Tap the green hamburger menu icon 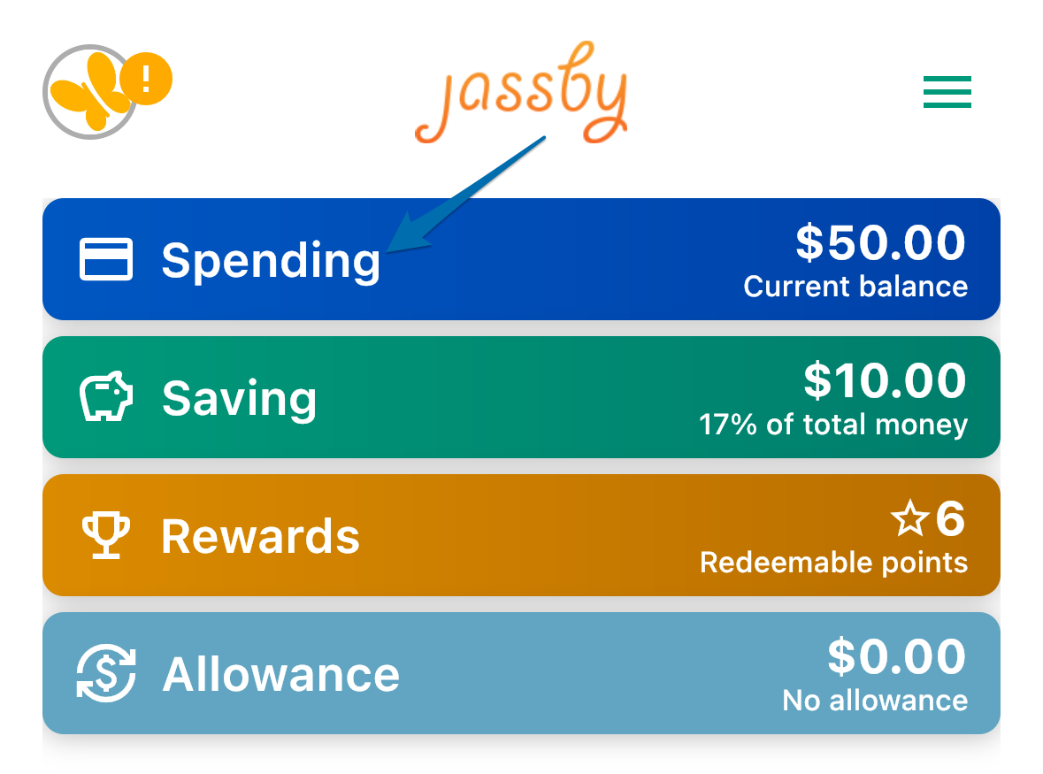pyautogui.click(x=947, y=92)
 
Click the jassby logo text pyautogui.click(x=522, y=93)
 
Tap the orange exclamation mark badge pyautogui.click(x=146, y=79)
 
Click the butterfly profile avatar pyautogui.click(x=90, y=92)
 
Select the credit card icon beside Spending pyautogui.click(x=106, y=259)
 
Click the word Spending pyautogui.click(x=271, y=261)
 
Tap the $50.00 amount pyautogui.click(x=881, y=242)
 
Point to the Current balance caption pyautogui.click(x=855, y=287)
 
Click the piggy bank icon pyautogui.click(x=106, y=396)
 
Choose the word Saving pyautogui.click(x=240, y=398)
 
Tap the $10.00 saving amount pyautogui.click(x=885, y=380)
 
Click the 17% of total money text pyautogui.click(x=833, y=425)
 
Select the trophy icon pyautogui.click(x=106, y=535)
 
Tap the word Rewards pyautogui.click(x=261, y=537)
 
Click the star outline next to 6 pyautogui.click(x=910, y=518)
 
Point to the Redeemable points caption pyautogui.click(x=834, y=563)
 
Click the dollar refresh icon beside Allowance pyautogui.click(x=106, y=673)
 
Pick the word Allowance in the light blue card pyautogui.click(x=280, y=674)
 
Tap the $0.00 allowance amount pyautogui.click(x=897, y=656)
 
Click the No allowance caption pyautogui.click(x=876, y=701)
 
